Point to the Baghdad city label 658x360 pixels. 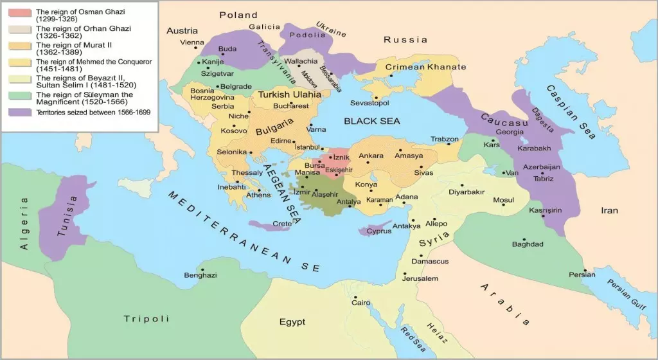(528, 244)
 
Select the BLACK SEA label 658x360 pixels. (371, 121)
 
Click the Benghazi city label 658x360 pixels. (200, 276)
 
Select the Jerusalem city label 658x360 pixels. (420, 278)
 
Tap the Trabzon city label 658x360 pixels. (445, 139)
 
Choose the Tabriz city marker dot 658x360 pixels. (542, 173)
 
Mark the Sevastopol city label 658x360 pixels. (369, 103)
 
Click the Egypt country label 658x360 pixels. (292, 321)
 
